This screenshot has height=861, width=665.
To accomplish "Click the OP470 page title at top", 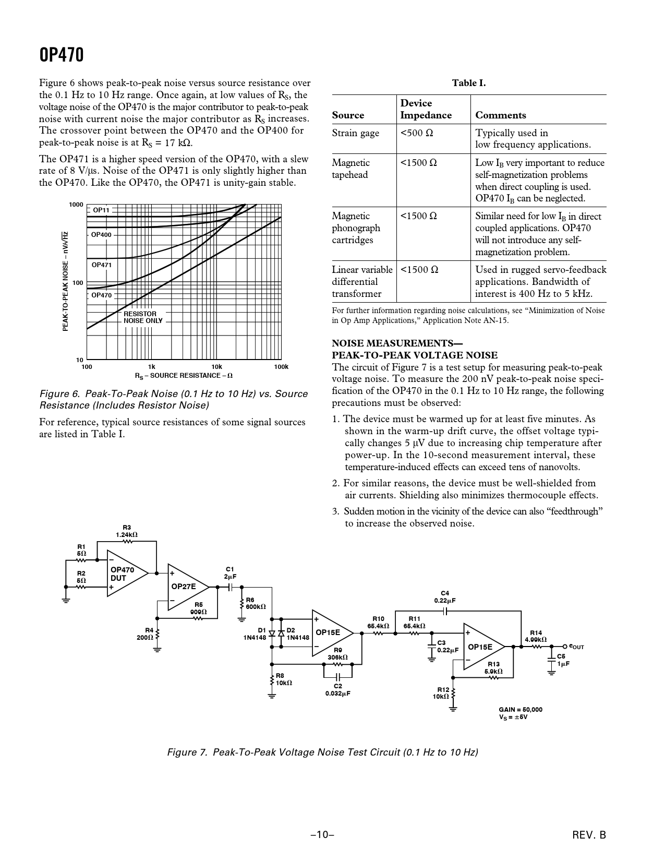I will tap(62, 55).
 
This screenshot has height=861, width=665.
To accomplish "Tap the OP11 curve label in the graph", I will tap(101, 210).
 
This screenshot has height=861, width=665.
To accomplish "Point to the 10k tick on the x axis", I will tap(216, 367).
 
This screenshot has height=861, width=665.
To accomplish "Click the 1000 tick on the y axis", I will tap(76, 205).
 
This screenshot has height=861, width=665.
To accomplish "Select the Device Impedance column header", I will tap(426, 110).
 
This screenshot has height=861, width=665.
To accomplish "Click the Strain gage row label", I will tap(356, 133).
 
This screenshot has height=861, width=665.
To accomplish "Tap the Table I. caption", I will tap(468, 83).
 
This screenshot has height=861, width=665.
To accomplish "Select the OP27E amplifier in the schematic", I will tap(185, 587).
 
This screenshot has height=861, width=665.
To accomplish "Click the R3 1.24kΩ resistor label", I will tap(127, 531).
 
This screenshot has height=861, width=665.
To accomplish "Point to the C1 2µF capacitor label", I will tap(230, 573).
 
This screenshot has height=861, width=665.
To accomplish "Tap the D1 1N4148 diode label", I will tap(255, 634).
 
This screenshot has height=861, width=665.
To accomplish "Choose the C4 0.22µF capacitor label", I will tap(445, 597).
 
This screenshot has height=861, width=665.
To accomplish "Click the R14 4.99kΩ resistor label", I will tap(536, 636).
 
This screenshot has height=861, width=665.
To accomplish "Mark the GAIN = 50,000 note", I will tap(521, 710).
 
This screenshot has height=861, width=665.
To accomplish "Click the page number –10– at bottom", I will tap(322, 835).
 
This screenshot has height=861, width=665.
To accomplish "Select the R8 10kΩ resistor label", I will tap(284, 679).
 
